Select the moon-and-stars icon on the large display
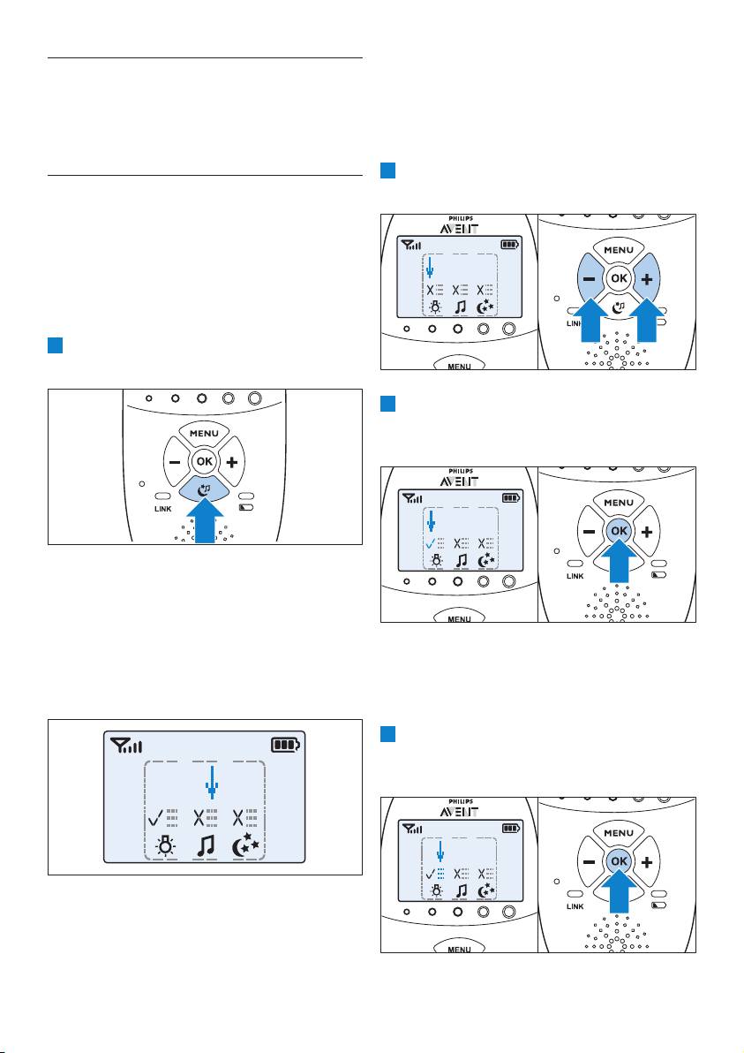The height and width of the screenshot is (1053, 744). click(x=245, y=845)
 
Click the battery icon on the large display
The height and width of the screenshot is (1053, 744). click(x=286, y=745)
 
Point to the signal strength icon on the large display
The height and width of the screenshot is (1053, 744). click(x=127, y=745)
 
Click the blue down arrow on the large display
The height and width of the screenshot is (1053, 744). click(x=211, y=784)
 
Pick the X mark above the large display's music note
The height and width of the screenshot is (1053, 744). click(x=200, y=817)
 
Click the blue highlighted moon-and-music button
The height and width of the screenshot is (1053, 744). click(x=205, y=489)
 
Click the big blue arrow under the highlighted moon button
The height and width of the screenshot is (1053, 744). click(x=205, y=519)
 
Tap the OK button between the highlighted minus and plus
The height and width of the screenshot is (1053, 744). click(x=619, y=278)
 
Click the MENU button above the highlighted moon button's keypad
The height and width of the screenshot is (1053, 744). click(x=204, y=434)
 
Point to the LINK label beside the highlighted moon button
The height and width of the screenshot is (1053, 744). click(x=163, y=509)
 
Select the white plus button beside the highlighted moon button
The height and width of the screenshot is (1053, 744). click(x=232, y=462)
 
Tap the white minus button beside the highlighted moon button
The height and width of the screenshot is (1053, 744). click(x=176, y=462)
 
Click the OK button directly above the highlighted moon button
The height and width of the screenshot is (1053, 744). click(x=205, y=461)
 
